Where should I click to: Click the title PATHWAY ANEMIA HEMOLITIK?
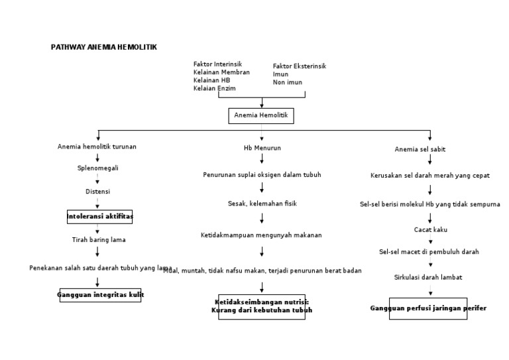[104, 48]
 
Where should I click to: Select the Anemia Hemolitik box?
[262, 116]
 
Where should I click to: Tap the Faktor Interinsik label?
[218, 64]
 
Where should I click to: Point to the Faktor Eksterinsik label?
[300, 66]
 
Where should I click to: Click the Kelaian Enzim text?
[214, 88]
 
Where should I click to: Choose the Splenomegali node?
[97, 168]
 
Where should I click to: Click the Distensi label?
[97, 192]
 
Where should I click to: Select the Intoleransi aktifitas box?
[100, 217]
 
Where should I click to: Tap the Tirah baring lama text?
[98, 239]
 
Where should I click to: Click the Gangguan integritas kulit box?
[101, 294]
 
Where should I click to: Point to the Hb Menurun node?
[262, 147]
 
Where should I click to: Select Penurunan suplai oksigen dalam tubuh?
[262, 175]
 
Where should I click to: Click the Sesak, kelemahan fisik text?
[262, 204]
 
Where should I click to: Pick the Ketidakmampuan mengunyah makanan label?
[261, 235]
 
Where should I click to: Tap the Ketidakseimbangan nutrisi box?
[262, 306]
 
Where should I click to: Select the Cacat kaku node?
[430, 229]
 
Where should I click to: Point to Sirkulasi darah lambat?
[428, 277]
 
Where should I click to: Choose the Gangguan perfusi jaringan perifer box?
[428, 308]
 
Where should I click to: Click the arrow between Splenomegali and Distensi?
[97, 180]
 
